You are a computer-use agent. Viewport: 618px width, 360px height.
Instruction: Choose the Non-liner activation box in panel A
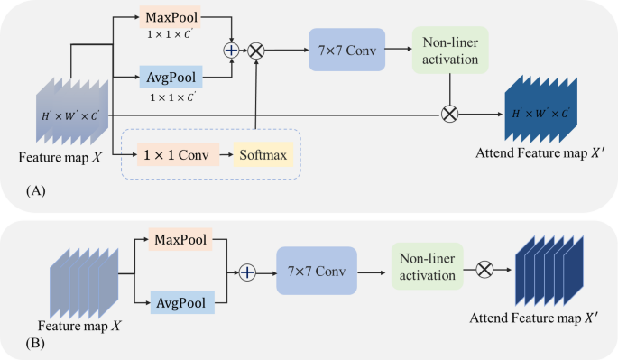coord(449,51)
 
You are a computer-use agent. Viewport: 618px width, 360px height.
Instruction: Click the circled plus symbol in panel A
coord(232,51)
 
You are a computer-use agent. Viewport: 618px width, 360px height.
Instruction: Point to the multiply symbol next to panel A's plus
coord(256,51)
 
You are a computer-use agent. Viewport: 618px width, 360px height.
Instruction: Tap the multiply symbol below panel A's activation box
coord(449,115)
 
